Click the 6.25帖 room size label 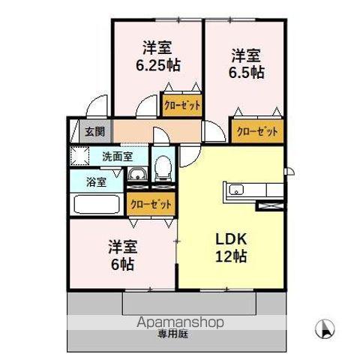pos(157,65)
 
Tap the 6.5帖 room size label pos(246,72)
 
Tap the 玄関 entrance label pos(94,132)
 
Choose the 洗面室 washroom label pos(117,157)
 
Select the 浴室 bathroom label pos(95,181)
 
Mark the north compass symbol pos(326,327)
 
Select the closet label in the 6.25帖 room pos(182,106)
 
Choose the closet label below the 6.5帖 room pos(257,131)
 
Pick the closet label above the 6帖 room pos(150,203)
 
